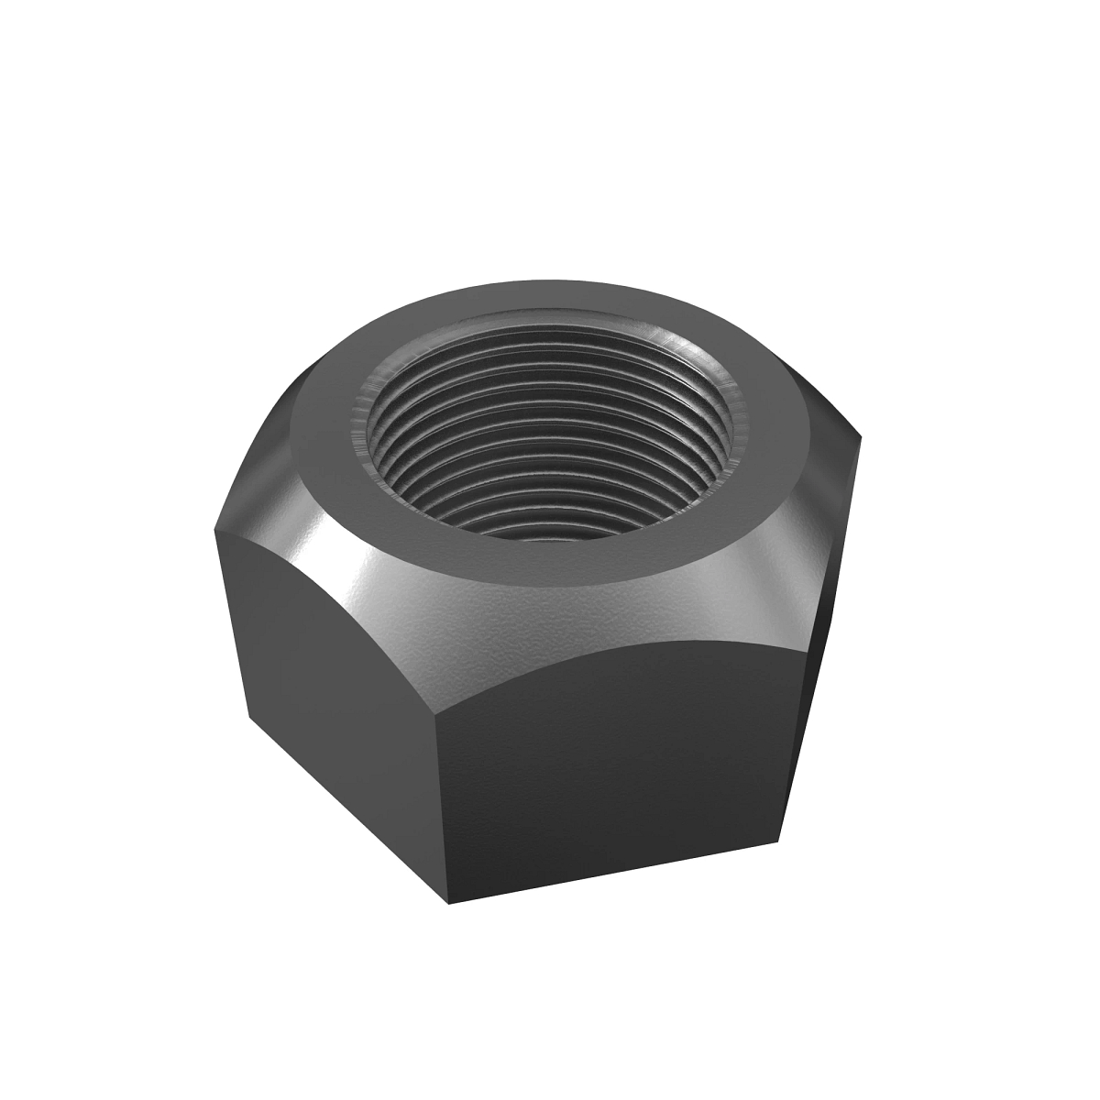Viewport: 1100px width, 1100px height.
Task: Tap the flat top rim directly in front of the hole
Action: [550, 559]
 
